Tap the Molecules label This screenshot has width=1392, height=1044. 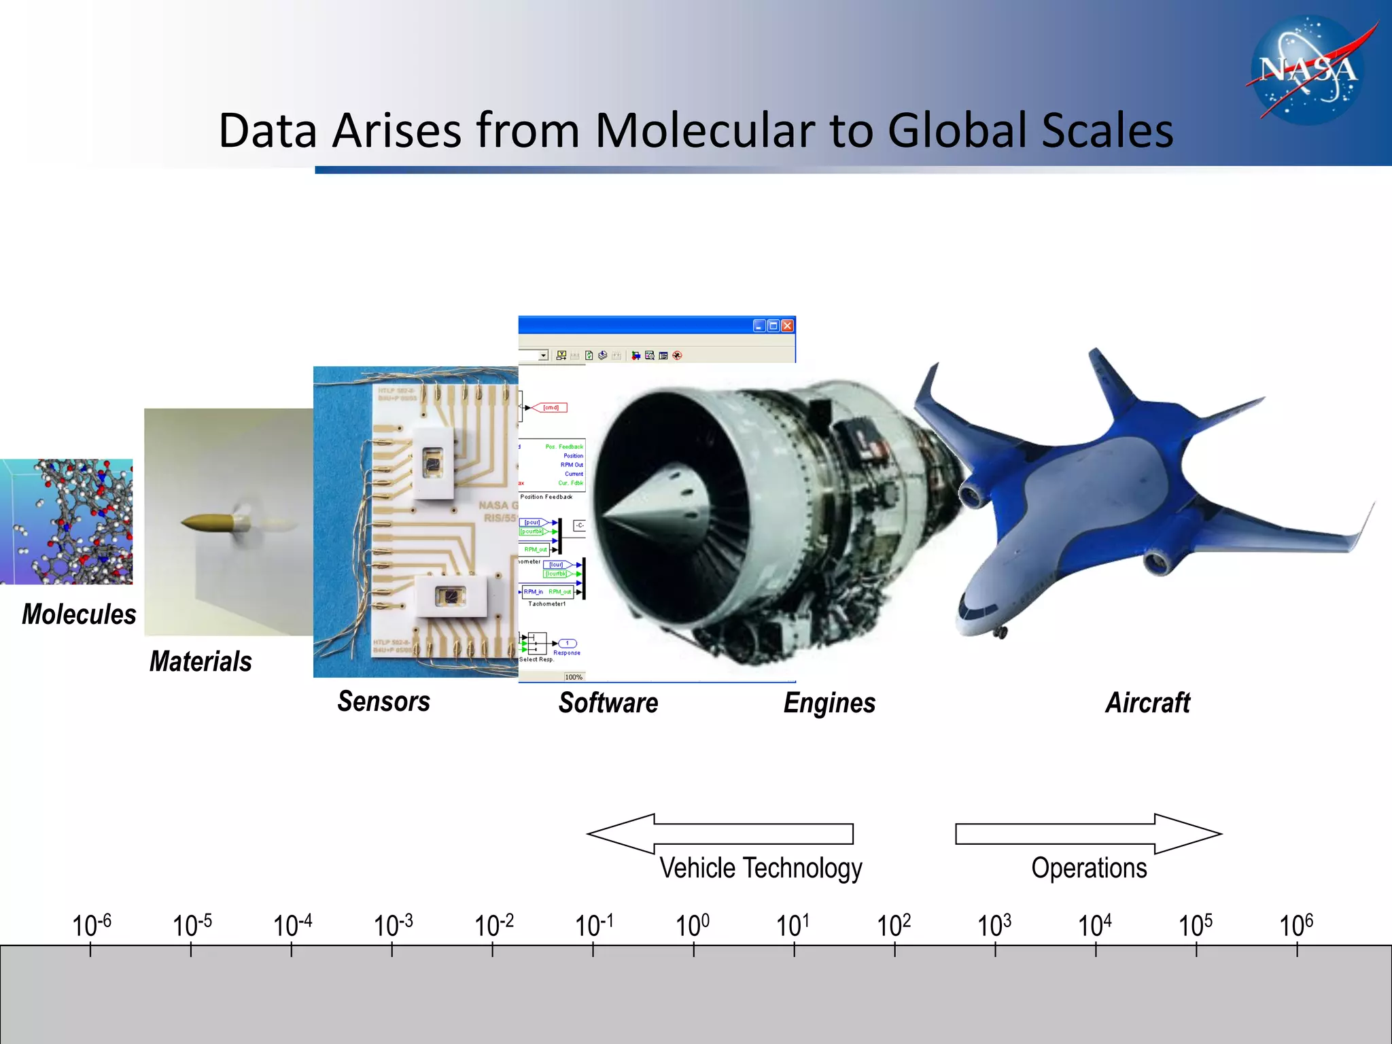(79, 614)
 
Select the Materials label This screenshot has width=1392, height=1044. (201, 661)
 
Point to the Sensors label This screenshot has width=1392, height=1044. (384, 701)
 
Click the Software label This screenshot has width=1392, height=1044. (608, 703)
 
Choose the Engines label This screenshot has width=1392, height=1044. (829, 703)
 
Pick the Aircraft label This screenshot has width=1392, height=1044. (1148, 703)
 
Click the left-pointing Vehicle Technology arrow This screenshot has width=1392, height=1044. (720, 833)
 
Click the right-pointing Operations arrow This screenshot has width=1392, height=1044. (1087, 833)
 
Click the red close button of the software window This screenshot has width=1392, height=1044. (787, 326)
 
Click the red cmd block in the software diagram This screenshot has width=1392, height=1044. (550, 408)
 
